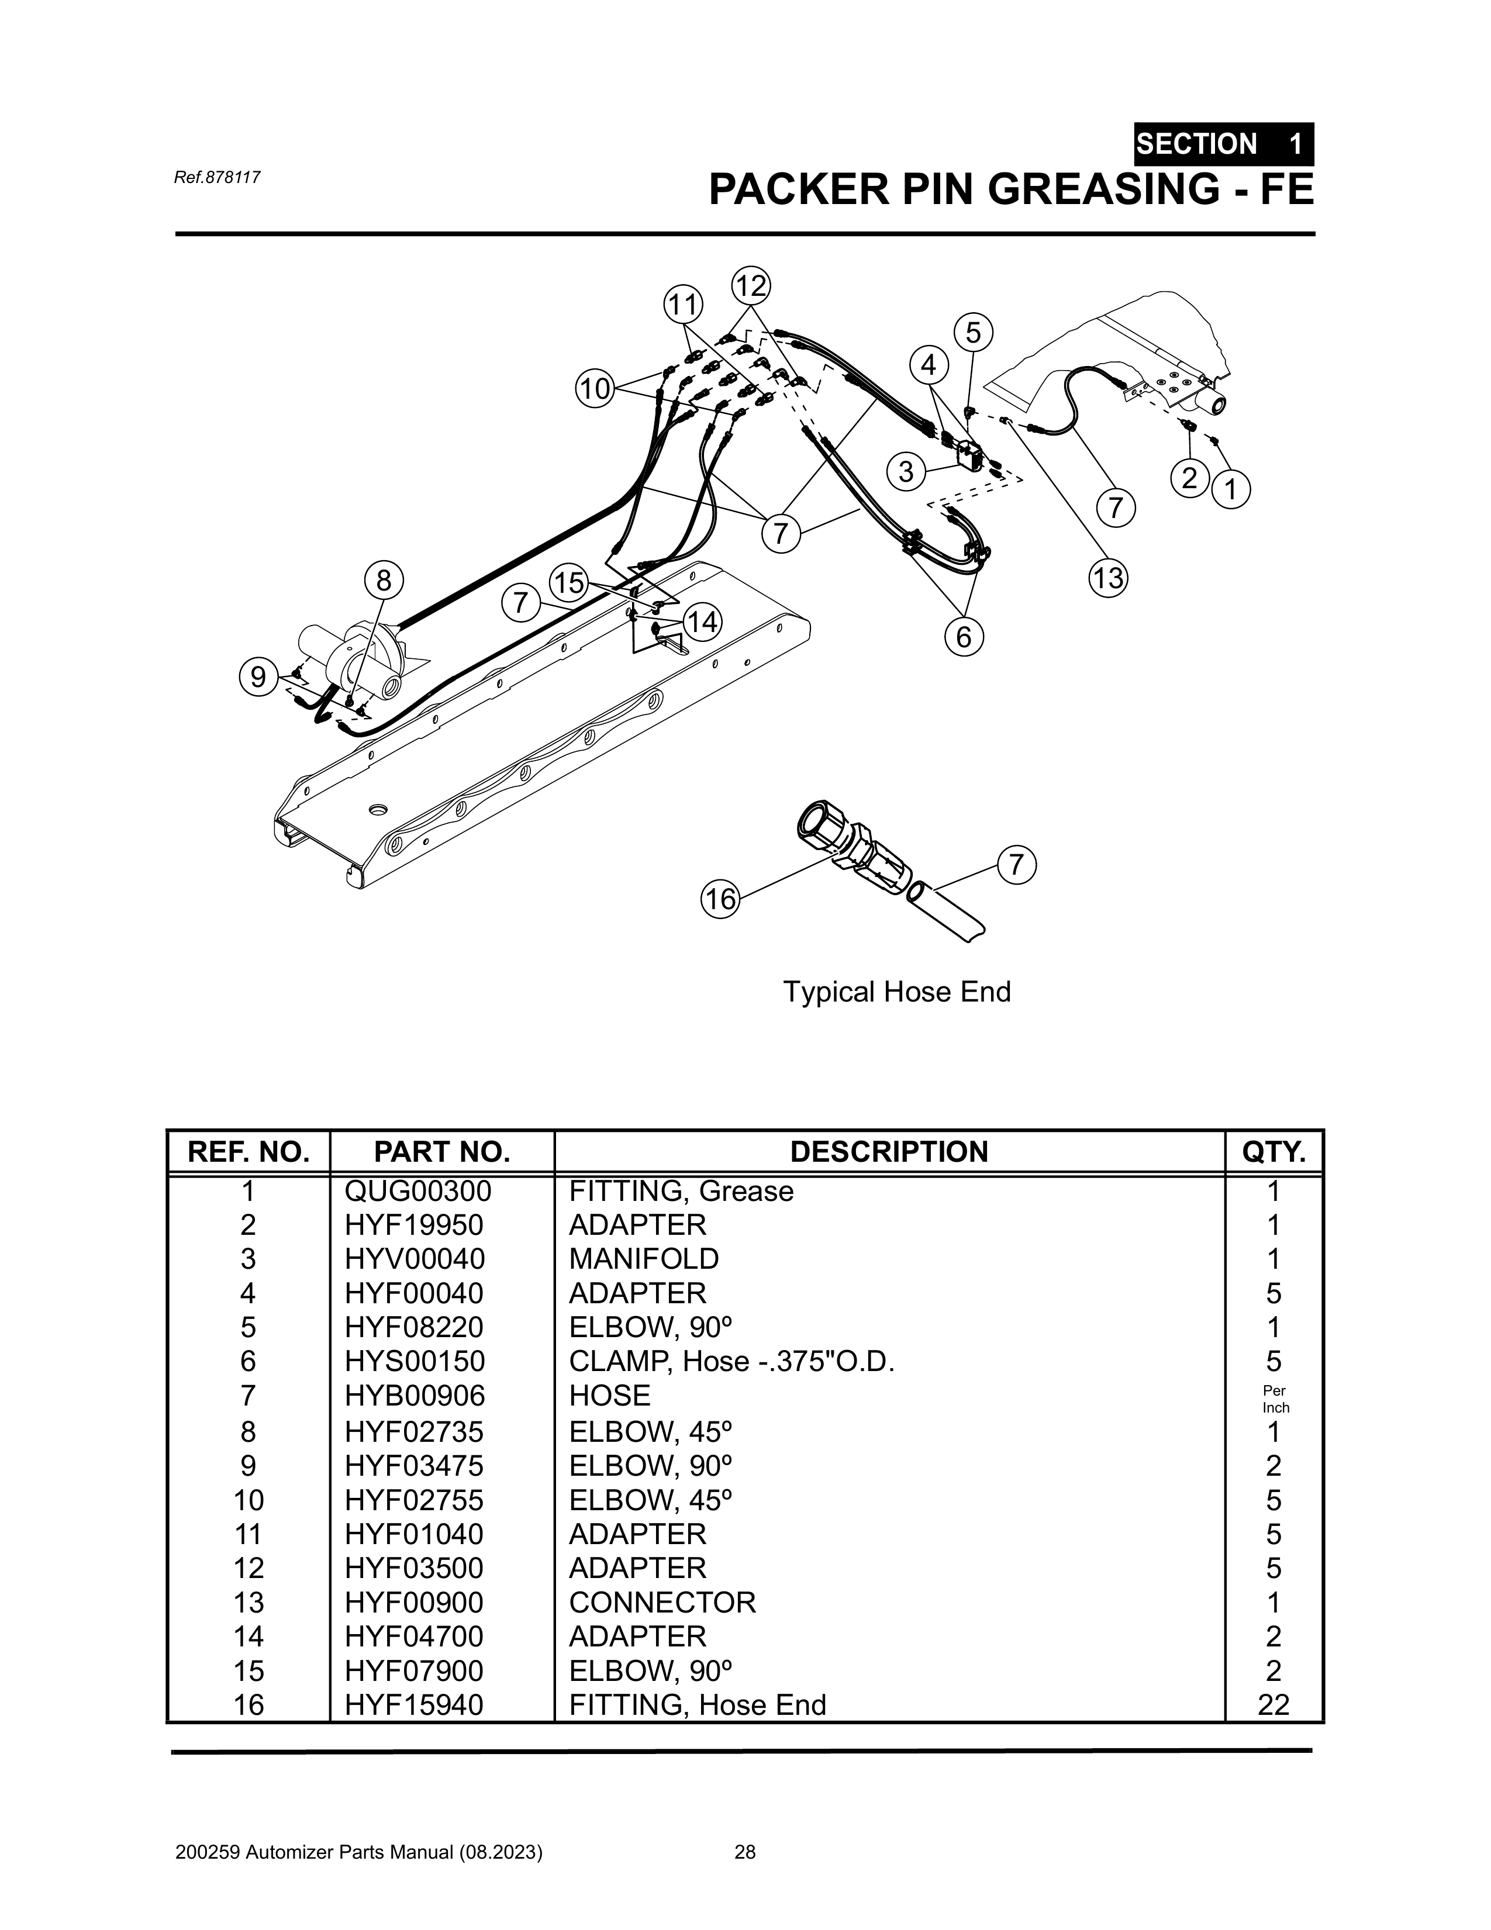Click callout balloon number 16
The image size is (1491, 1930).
click(x=720, y=899)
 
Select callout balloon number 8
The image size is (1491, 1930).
click(x=384, y=581)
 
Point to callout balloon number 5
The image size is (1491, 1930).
click(x=973, y=333)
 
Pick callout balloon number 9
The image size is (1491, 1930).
click(x=258, y=677)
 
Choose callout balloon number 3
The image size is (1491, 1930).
click(x=906, y=471)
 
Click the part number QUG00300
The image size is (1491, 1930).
click(x=417, y=1191)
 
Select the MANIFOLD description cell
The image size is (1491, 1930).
click(x=643, y=1258)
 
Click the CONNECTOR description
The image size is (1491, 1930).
click(x=662, y=1602)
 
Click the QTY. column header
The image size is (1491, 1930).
click(x=1273, y=1151)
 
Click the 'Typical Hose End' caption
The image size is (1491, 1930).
click(x=896, y=992)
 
